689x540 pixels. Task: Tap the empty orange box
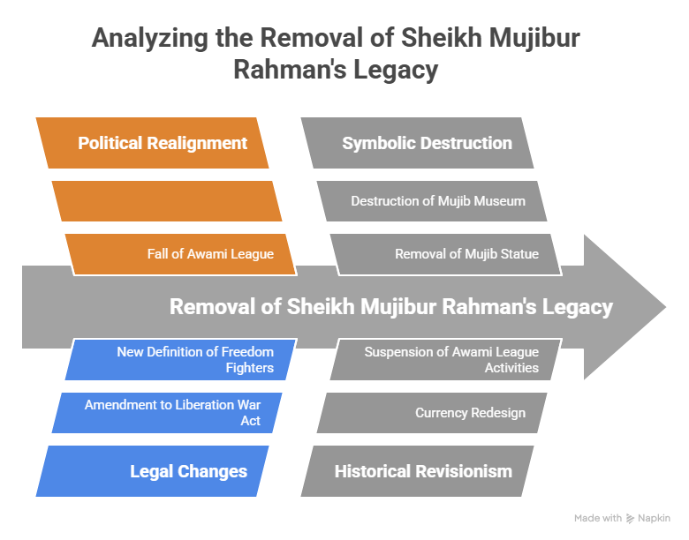click(x=167, y=201)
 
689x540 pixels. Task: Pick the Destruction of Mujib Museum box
click(x=432, y=201)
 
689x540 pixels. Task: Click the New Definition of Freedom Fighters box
click(x=181, y=359)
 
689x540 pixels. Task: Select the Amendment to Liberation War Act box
click(x=167, y=412)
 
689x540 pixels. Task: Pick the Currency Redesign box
click(x=432, y=412)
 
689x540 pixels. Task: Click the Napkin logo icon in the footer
click(x=630, y=519)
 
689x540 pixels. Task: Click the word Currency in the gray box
click(x=443, y=412)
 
